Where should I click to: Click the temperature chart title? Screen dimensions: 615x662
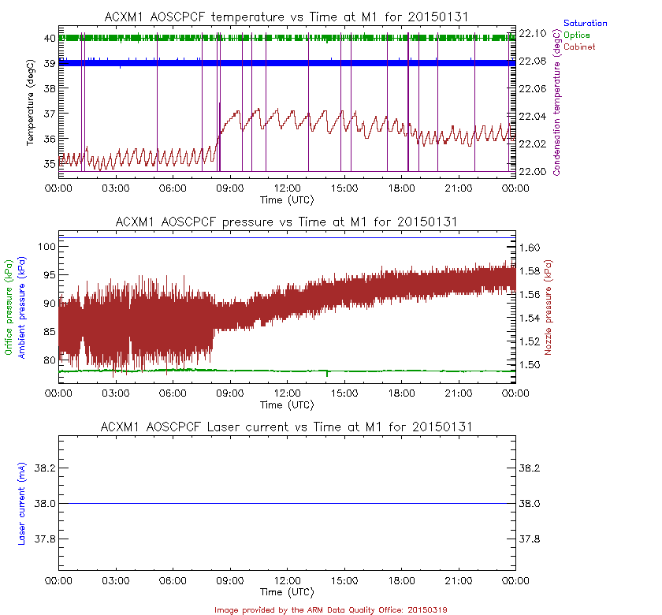pyautogui.click(x=288, y=17)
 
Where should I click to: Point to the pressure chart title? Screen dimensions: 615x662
pyautogui.click(x=287, y=222)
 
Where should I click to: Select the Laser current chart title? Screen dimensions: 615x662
pyautogui.click(x=287, y=427)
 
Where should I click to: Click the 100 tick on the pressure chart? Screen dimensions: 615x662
pyautogui.click(x=45, y=247)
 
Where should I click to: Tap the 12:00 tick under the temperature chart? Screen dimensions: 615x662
pyautogui.click(x=287, y=188)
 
